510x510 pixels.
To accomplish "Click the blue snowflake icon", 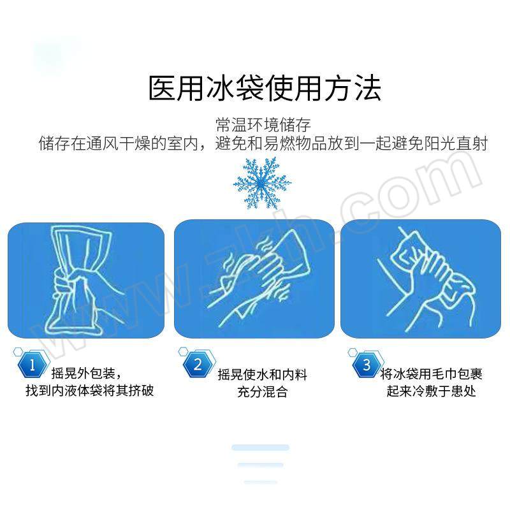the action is coord(261,184).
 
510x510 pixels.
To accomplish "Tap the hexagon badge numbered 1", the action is coord(32,365).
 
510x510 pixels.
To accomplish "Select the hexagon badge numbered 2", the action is coord(198,364).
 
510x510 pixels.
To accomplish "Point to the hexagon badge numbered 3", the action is coord(367,365).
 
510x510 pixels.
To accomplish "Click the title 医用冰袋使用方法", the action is coord(265,88).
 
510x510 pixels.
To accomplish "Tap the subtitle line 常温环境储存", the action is coord(263,125).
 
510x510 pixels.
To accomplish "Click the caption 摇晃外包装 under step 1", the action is coord(84,373).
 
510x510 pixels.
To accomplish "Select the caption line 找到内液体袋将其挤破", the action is coord(89,390).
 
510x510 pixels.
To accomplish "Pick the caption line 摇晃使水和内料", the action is coord(262,374).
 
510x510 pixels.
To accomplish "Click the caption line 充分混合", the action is coord(262,391).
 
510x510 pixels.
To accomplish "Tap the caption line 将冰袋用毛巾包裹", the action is coord(431,374).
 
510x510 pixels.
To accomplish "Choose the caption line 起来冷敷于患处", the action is coord(431,391).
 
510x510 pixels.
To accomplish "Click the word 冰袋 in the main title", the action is coord(235,88).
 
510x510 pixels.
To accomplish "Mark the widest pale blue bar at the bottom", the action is coord(260,448).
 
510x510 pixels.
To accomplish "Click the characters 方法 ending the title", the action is coord(353,88).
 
